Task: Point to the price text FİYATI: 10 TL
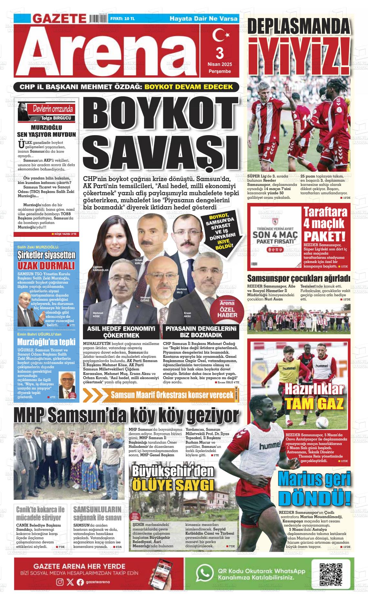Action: tap(123, 19)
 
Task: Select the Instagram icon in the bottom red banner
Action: tap(60, 582)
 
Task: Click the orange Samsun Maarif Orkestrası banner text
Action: tap(172, 395)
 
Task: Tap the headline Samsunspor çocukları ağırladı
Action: tap(299, 278)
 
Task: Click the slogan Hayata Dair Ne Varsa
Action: tap(203, 19)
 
